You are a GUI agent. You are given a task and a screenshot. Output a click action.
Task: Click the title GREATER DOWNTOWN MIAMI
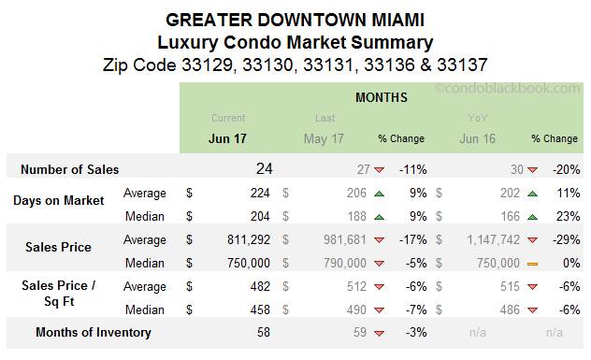[295, 18]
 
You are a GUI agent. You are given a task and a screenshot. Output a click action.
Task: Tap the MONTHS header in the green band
[381, 97]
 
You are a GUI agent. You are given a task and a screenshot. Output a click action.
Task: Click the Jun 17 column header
[228, 138]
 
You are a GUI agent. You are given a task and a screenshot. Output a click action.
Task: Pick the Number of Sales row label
[71, 170]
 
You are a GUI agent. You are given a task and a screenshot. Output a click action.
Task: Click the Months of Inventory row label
[93, 332]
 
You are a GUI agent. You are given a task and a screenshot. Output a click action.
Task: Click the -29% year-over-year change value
[565, 240]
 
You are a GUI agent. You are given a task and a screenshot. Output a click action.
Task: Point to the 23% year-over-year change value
[568, 217]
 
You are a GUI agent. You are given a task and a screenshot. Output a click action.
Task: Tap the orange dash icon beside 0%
[532, 264]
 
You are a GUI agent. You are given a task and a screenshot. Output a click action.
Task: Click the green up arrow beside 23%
[532, 217]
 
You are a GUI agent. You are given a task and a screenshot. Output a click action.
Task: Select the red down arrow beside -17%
[379, 240]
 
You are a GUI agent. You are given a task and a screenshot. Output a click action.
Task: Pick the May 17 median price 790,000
[342, 263]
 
